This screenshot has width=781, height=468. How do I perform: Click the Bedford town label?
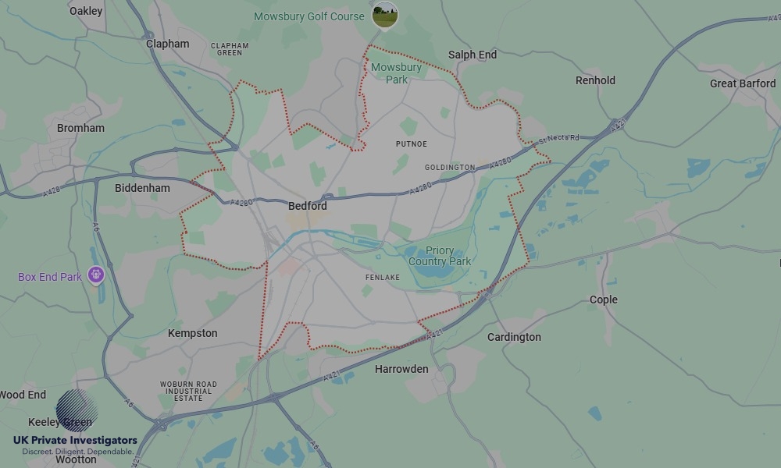[308, 207]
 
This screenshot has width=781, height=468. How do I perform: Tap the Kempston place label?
[193, 333]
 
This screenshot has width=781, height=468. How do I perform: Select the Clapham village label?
[168, 44]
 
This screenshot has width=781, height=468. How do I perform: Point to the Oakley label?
[86, 11]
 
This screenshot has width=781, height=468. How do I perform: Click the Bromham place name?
[80, 128]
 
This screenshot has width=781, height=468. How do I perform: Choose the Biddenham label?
[142, 188]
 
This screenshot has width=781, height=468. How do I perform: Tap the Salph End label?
[473, 55]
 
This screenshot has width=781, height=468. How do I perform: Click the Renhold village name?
[595, 80]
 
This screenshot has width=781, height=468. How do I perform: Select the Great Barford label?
[743, 83]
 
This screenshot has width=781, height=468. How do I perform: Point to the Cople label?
[604, 300]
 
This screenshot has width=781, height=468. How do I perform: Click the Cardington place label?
[514, 337]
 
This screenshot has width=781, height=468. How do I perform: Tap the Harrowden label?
[401, 369]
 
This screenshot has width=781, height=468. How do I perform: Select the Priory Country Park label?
[440, 257]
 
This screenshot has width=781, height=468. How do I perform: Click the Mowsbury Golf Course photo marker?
[384, 15]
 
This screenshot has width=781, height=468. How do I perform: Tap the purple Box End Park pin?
[97, 275]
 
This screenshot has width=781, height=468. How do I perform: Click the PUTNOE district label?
[412, 144]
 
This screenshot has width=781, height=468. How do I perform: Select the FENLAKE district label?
[383, 278]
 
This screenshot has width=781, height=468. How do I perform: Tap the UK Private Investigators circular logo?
[77, 411]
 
